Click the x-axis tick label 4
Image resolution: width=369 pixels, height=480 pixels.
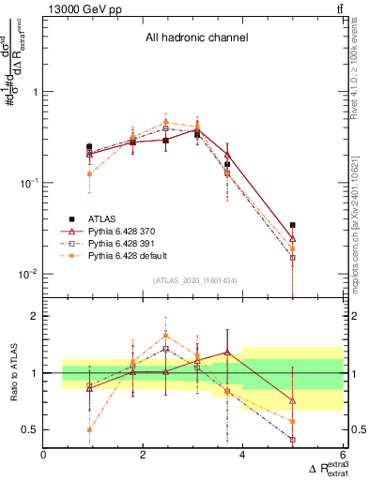(x=243, y=456)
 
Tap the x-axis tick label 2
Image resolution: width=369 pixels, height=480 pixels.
(x=144, y=456)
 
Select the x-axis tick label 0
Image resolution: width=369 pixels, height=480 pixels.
(x=44, y=456)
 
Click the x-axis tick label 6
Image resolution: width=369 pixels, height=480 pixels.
(x=343, y=456)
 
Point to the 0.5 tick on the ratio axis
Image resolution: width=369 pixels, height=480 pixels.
(x=31, y=430)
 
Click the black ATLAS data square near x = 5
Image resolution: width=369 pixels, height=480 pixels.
(x=293, y=225)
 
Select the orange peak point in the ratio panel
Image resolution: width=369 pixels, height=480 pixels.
(x=165, y=335)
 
